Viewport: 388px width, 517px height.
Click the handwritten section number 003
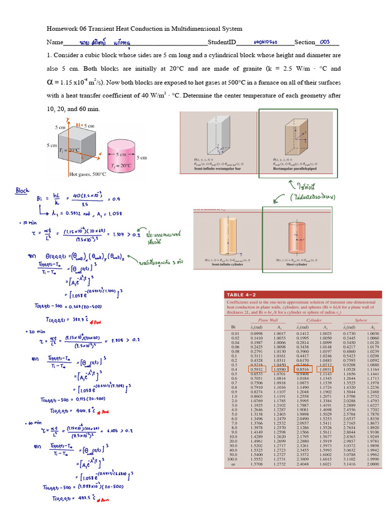click(324, 42)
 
